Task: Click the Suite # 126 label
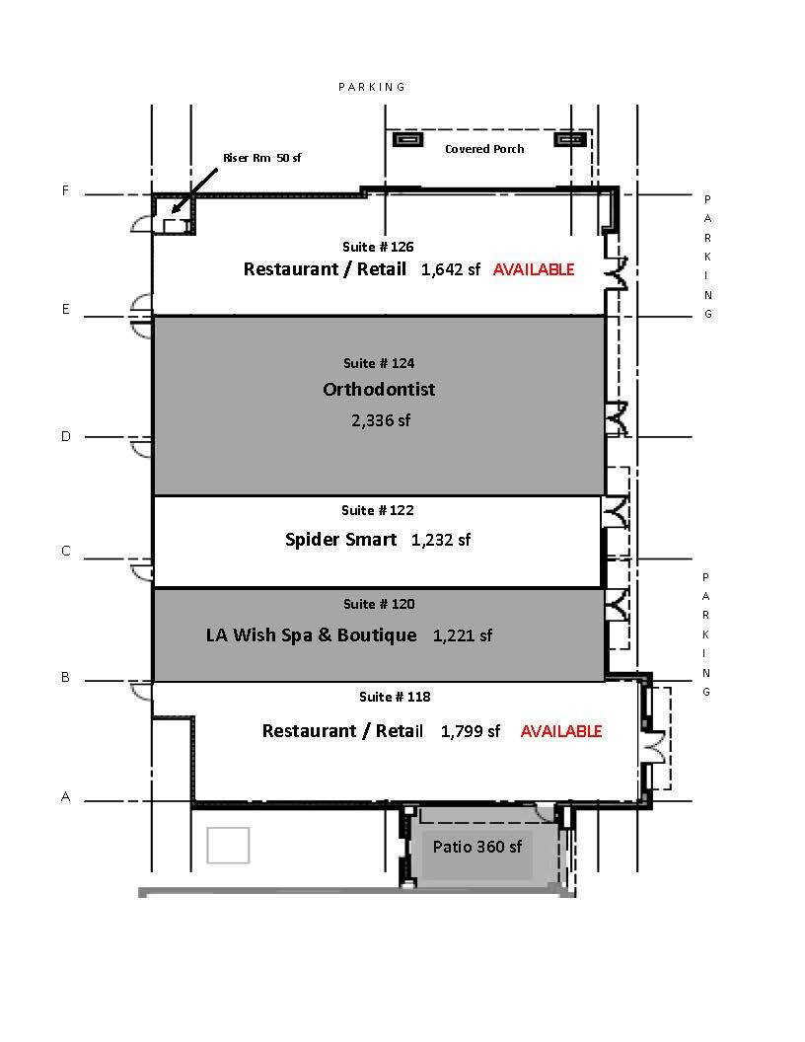point(378,248)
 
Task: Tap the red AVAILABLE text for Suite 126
point(534,269)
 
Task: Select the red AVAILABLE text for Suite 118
point(561,731)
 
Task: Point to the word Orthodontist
point(379,390)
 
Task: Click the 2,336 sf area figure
point(381,420)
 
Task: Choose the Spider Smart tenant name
point(340,539)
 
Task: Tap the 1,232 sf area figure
point(441,541)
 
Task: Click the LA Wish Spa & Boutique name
point(312,635)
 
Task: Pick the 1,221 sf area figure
point(463,636)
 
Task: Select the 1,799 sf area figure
point(471,731)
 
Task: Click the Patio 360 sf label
point(476,847)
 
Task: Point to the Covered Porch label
point(484,149)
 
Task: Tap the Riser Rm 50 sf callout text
point(261,158)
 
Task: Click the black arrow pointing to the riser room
point(194,190)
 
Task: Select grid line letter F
point(65,190)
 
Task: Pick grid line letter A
point(65,796)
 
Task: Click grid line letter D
point(66,436)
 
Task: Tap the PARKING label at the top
point(371,87)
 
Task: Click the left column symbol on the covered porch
point(407,139)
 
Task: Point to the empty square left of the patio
point(228,846)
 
